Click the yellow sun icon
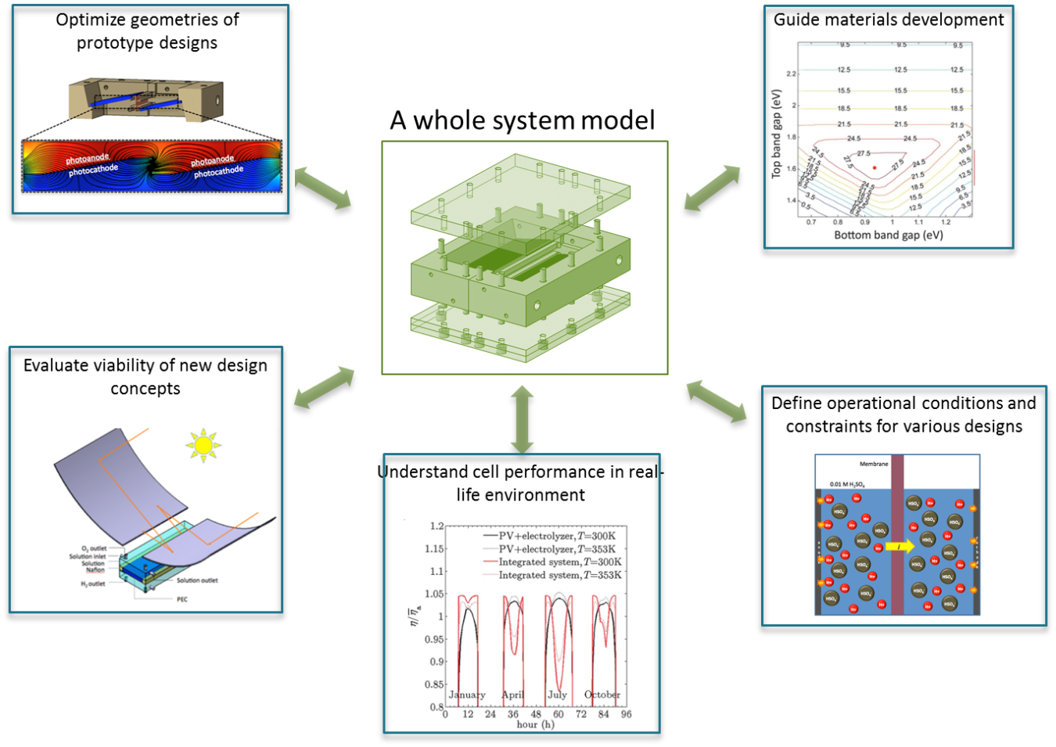click(203, 445)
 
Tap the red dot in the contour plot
click(875, 167)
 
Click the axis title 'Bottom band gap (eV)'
click(889, 235)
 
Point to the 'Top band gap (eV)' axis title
click(777, 134)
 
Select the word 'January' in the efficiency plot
click(467, 695)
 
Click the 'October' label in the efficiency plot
click(602, 695)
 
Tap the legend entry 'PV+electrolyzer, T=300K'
click(557, 536)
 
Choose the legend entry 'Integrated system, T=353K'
click(560, 575)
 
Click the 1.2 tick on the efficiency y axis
click(436, 526)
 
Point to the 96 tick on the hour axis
click(627, 714)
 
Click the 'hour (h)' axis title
click(535, 725)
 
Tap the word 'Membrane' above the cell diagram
click(874, 464)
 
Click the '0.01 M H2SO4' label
click(847, 484)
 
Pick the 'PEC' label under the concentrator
click(182, 599)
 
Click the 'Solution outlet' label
click(197, 580)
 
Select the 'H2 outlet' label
click(93, 584)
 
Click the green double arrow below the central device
click(522, 418)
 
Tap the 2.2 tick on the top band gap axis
click(791, 74)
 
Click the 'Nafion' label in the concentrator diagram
click(95, 570)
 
